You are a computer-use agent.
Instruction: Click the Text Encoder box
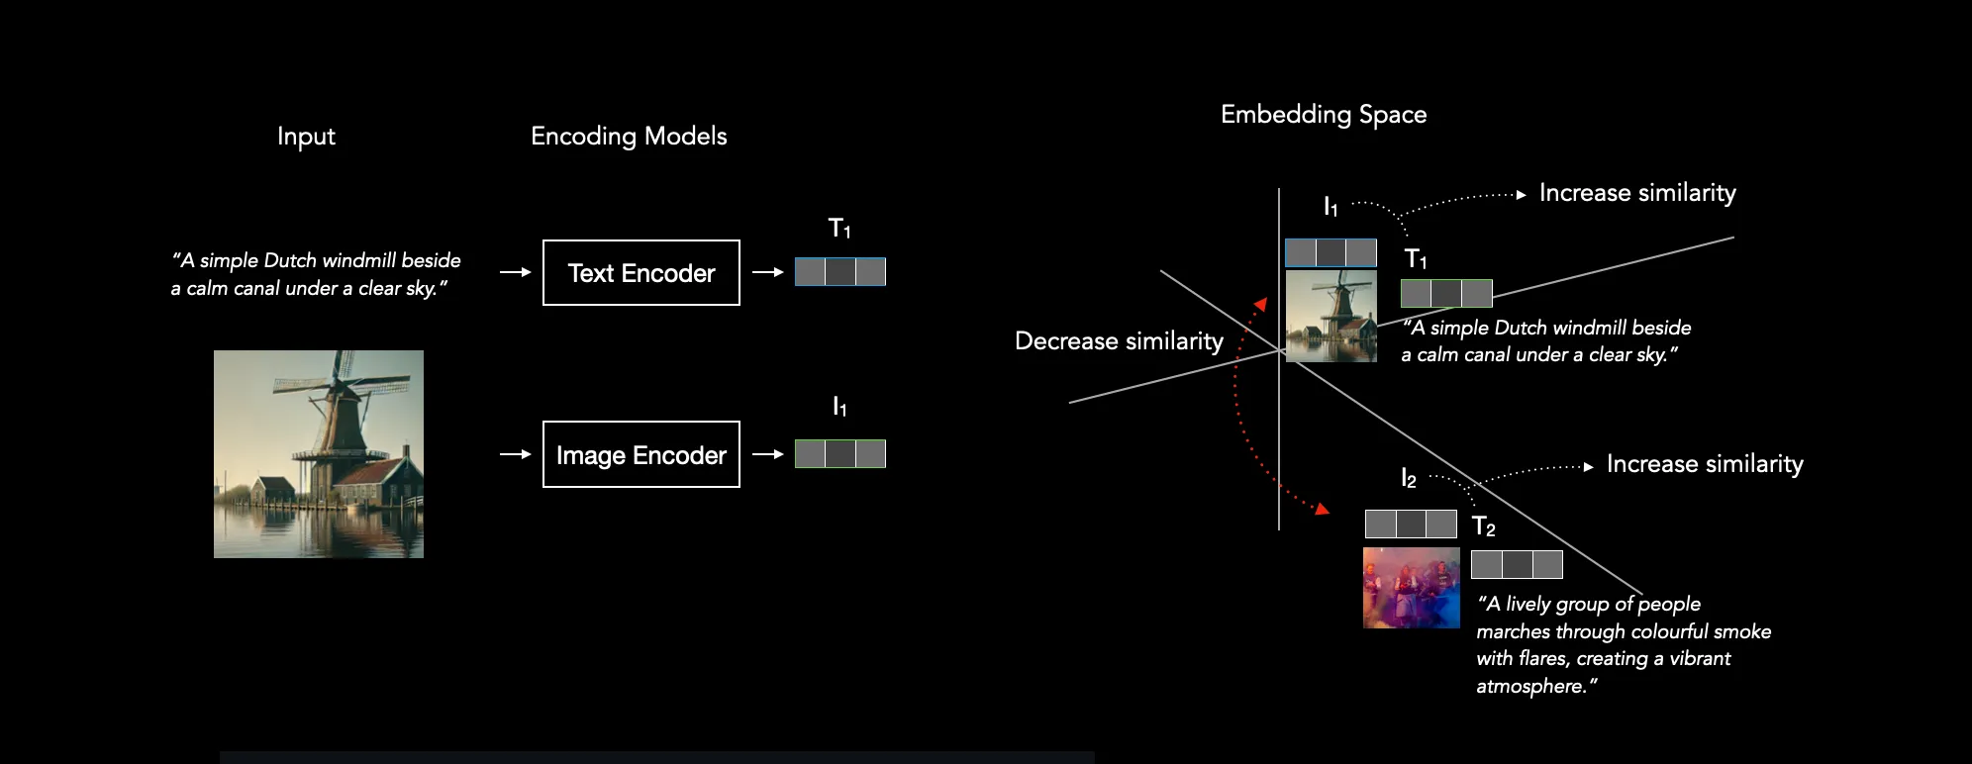tap(641, 272)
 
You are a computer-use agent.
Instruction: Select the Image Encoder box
tap(641, 454)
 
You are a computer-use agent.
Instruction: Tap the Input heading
tap(306, 137)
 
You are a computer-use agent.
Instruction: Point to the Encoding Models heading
tap(629, 137)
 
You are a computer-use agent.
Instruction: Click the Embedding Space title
tap(1324, 115)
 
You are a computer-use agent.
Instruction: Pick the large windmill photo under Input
tap(319, 454)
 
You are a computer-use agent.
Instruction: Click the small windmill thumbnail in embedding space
tap(1331, 317)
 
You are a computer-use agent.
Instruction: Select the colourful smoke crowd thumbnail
tap(1412, 588)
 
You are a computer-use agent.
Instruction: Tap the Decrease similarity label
tap(1119, 341)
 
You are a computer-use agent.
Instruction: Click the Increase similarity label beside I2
tap(1705, 464)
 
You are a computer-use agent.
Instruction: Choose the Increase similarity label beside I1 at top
tap(1637, 193)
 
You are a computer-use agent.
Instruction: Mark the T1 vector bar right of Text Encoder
tap(840, 271)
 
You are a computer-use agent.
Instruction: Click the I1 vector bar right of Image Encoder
tap(840, 454)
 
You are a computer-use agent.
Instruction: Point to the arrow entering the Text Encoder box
tap(516, 272)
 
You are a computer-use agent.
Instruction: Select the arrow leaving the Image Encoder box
tap(768, 454)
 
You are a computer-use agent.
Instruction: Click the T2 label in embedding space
tap(1484, 526)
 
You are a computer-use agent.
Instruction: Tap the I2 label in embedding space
tap(1409, 478)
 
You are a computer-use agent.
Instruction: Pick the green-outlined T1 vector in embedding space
tap(1446, 293)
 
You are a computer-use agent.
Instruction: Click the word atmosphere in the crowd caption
tap(1530, 686)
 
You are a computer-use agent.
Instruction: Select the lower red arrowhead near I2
tap(1322, 509)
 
